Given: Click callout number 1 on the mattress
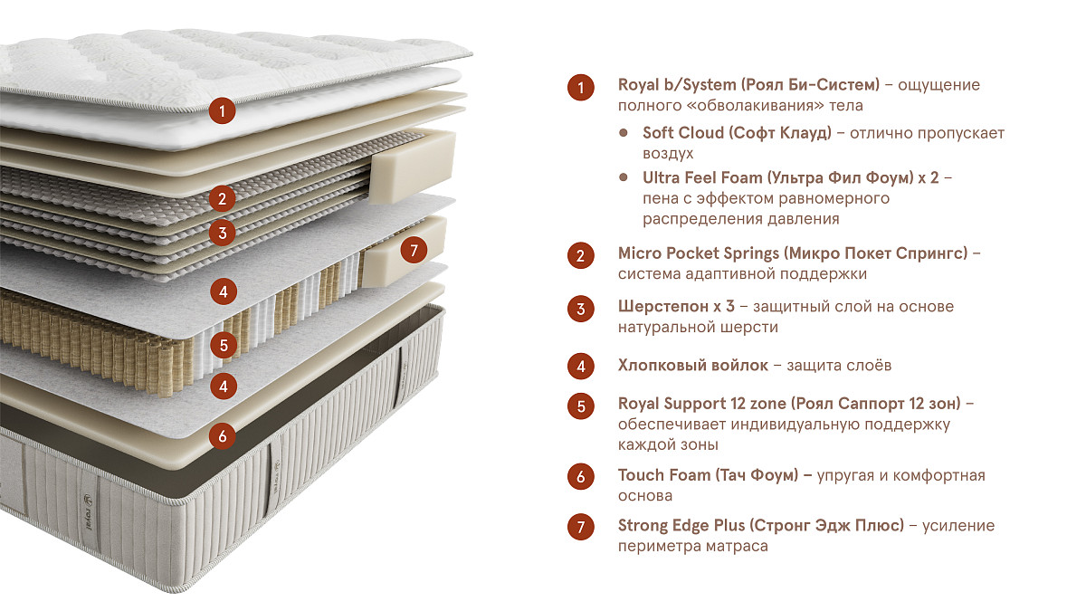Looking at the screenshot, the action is pyautogui.click(x=222, y=110).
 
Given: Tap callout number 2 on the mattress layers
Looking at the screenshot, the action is pyautogui.click(x=222, y=198).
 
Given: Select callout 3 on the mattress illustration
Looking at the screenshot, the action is pyautogui.click(x=222, y=233).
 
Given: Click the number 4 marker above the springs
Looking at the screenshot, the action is pyautogui.click(x=223, y=291).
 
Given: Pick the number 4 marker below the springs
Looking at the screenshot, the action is pyautogui.click(x=223, y=386).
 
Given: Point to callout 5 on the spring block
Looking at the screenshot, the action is pyautogui.click(x=223, y=345).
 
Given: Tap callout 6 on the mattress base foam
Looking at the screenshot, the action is pyautogui.click(x=222, y=436).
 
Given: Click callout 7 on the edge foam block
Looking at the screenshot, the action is pyautogui.click(x=414, y=250).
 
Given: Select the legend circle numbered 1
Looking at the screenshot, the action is pyautogui.click(x=581, y=88).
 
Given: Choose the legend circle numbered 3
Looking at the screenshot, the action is pyautogui.click(x=581, y=309).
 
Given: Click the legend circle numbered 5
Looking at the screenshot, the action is pyautogui.click(x=581, y=406).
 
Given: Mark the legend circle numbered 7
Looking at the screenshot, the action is pyautogui.click(x=581, y=527).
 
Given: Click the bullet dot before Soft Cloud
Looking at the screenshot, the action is pyautogui.click(x=624, y=132).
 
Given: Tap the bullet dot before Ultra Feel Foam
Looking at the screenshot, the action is pyautogui.click(x=624, y=177).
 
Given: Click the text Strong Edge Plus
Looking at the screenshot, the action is pyautogui.click(x=681, y=525).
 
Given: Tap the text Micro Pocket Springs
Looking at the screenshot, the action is pyautogui.click(x=699, y=253).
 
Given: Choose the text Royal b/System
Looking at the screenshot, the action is pyautogui.click(x=677, y=85).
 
